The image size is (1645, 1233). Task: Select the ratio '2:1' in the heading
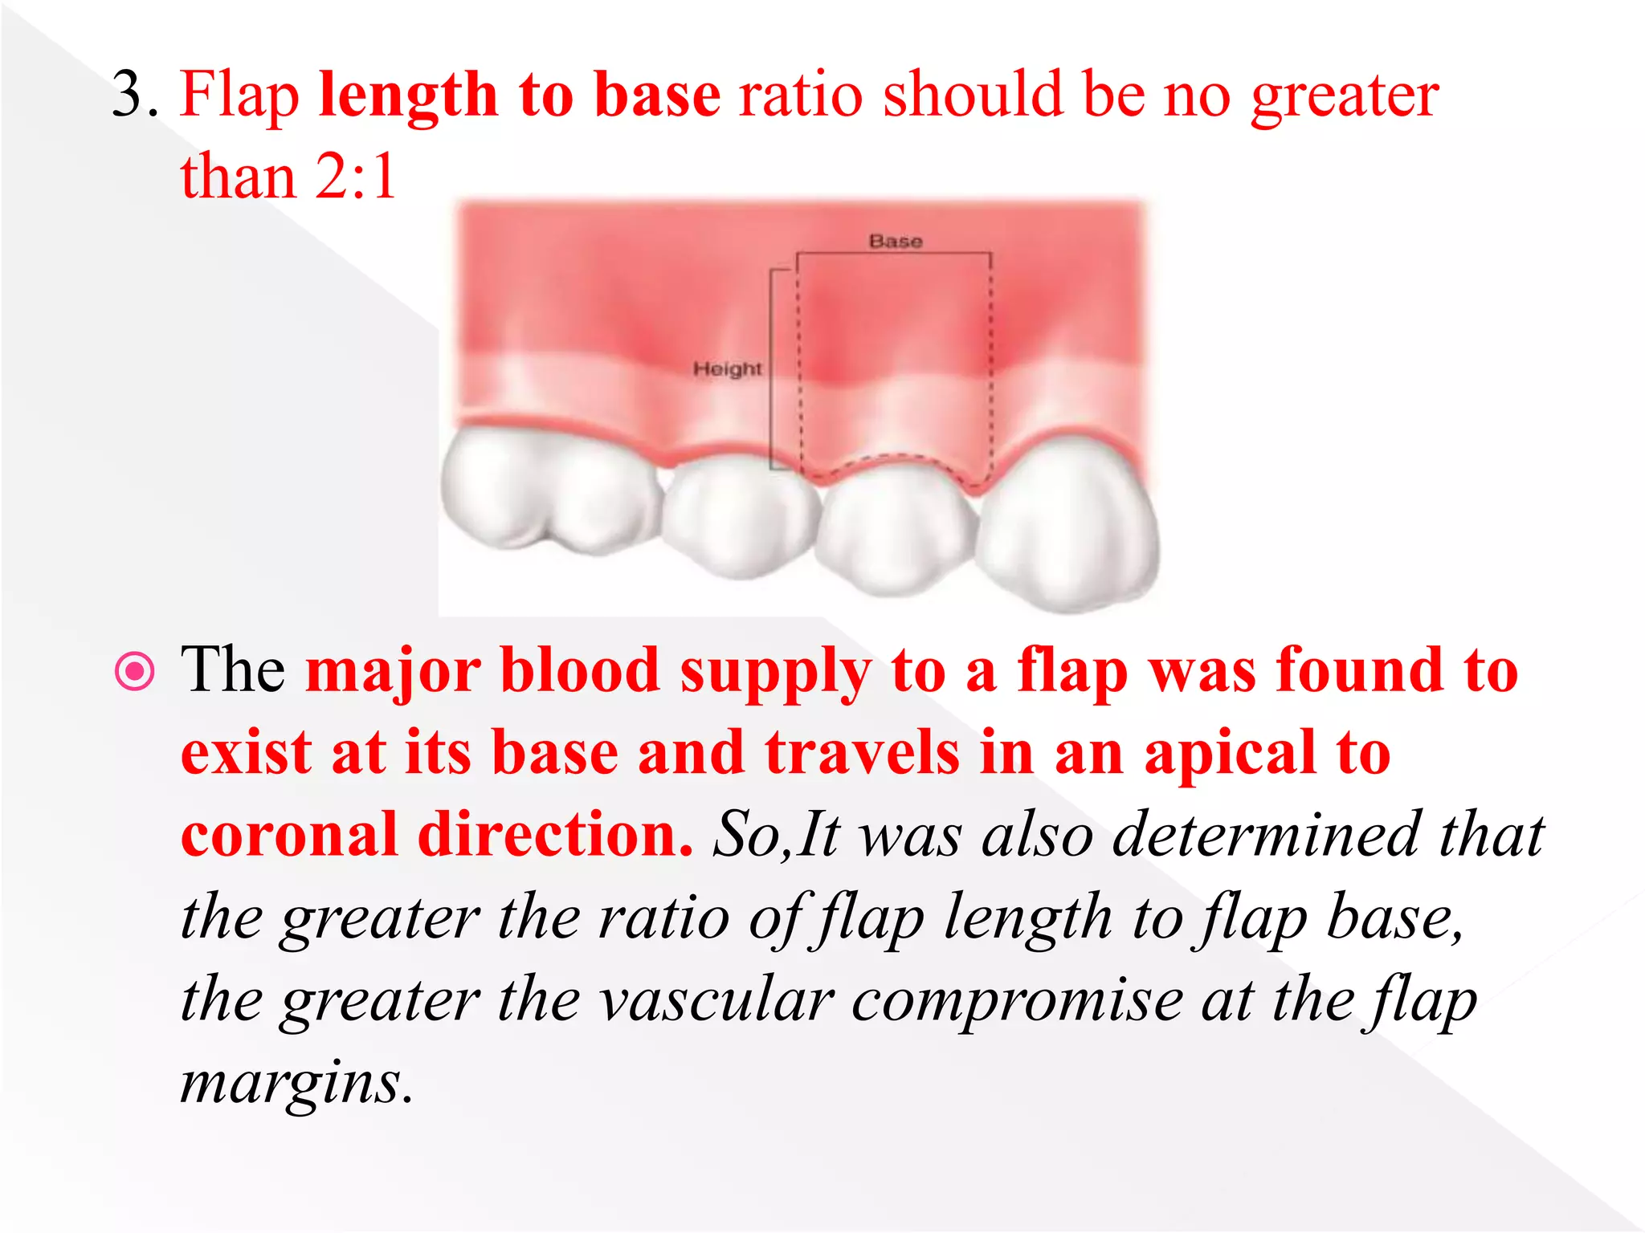(356, 177)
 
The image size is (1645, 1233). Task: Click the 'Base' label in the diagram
(895, 241)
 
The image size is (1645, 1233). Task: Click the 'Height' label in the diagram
(727, 369)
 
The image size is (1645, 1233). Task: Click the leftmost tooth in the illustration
(546, 490)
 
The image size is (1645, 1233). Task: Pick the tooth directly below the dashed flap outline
(896, 526)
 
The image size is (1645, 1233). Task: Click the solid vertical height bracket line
(771, 369)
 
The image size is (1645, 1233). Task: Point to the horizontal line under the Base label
(893, 254)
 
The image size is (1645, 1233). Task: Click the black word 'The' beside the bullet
(233, 670)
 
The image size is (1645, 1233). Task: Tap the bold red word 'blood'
(579, 670)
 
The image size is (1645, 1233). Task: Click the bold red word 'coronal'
(289, 835)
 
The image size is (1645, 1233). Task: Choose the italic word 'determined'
(1267, 835)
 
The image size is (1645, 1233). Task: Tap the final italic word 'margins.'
(296, 1084)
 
